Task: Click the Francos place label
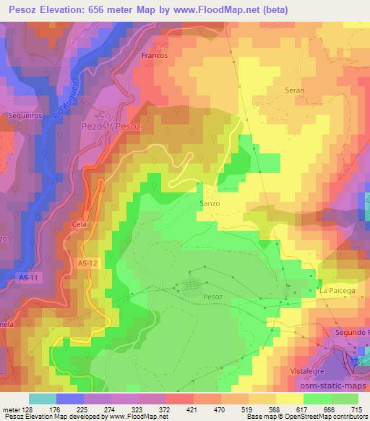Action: click(x=155, y=55)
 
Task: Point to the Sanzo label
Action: click(x=209, y=203)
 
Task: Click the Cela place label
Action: click(x=79, y=224)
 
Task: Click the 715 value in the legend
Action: click(x=356, y=409)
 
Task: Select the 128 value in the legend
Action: click(x=26, y=409)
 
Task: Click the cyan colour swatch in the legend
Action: click(x=42, y=399)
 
